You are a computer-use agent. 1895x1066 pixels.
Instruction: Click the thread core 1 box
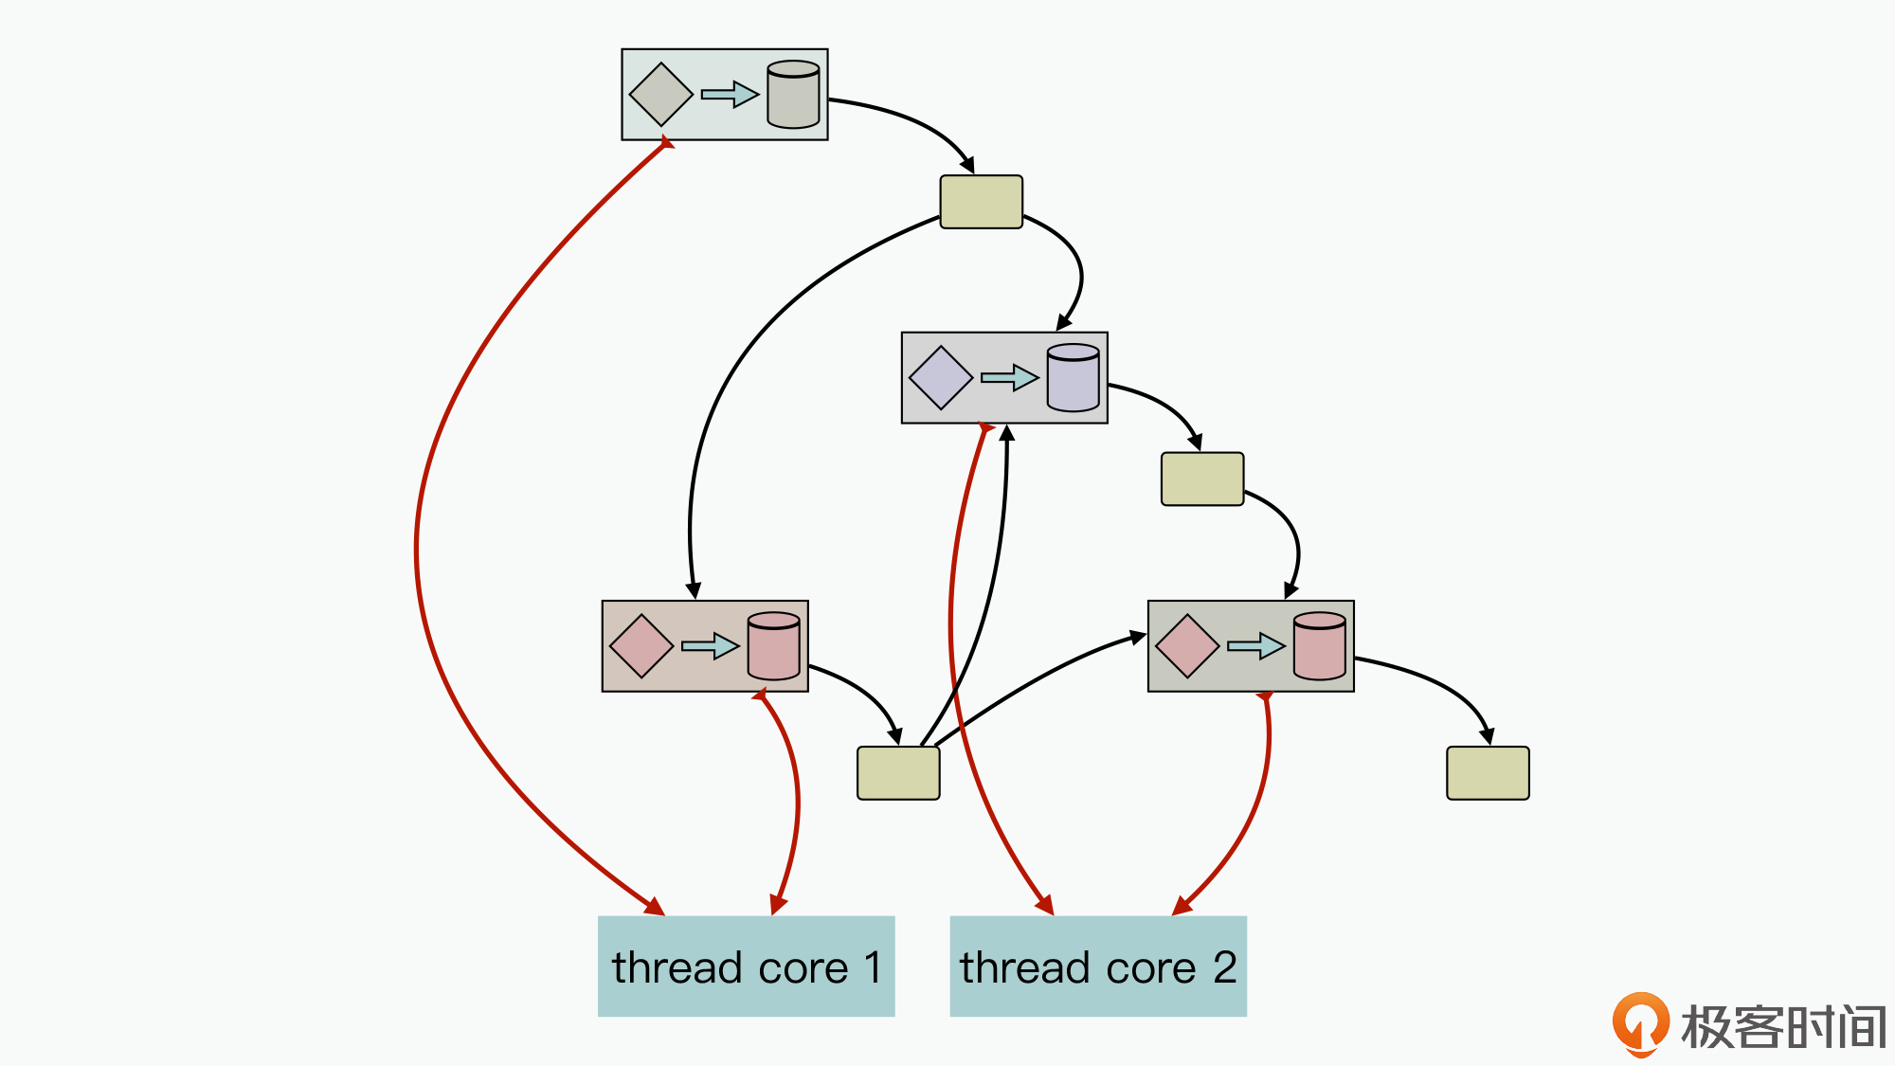point(746,966)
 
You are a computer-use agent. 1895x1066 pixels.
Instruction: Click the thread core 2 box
point(1097,966)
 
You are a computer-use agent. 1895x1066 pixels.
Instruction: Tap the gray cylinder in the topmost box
point(793,95)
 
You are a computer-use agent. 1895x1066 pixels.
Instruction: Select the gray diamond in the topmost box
point(660,95)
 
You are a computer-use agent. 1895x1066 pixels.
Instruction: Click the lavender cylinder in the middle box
point(1073,377)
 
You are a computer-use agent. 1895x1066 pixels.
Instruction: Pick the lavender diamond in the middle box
point(940,377)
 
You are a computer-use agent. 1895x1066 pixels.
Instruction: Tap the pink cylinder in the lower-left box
point(773,646)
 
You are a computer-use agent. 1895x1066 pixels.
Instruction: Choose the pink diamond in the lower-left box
point(641,646)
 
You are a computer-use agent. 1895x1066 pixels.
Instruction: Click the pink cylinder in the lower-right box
point(1319,646)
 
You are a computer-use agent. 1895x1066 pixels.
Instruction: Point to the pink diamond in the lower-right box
point(1187,646)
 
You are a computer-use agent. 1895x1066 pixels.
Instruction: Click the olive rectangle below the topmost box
point(981,202)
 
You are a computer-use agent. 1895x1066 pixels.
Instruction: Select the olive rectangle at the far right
point(1488,773)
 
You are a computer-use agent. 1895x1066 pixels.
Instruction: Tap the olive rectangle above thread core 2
point(897,773)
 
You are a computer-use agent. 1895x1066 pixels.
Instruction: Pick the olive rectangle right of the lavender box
point(1202,479)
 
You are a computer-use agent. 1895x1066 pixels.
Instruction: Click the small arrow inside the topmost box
point(730,95)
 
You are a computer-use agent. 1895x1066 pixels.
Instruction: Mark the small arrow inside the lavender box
point(1009,377)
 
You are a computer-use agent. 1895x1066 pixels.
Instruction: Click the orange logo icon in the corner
point(1640,1023)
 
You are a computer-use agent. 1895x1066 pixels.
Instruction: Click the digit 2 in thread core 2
point(1225,967)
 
